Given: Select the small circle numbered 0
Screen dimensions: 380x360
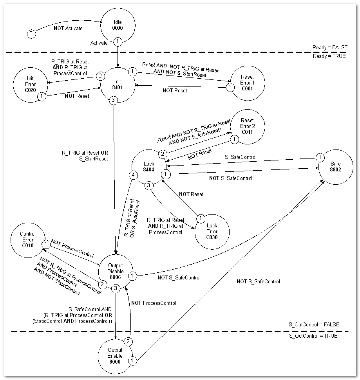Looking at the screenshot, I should coord(31,34).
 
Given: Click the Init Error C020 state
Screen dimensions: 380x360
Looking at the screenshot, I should coord(30,84).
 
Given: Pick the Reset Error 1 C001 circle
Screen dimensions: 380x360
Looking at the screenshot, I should coord(247,82).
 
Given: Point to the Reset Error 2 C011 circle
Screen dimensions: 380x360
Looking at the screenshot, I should coord(247,126).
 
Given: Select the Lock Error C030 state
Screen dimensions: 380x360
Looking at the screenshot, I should coord(212,231).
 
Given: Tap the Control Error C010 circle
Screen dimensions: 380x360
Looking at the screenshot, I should coord(28,240).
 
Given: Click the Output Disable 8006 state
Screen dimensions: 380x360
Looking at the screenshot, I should coord(116,271).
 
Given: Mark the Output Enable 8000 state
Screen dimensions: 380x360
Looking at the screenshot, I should coord(115,356).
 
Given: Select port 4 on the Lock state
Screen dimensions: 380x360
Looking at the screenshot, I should coord(134,175).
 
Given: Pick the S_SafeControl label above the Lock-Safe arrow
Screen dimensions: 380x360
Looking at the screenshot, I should coord(241,157).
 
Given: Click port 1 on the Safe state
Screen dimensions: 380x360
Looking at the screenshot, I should coord(320,158).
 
